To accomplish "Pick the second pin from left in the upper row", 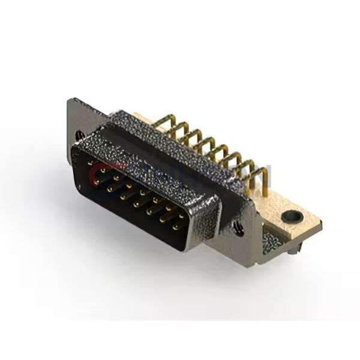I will point(102,171).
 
